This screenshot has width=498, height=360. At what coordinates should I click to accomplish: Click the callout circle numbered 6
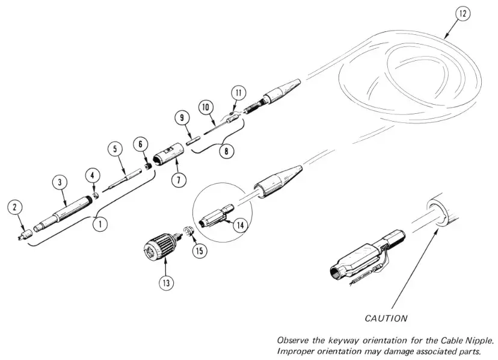pyautogui.click(x=141, y=144)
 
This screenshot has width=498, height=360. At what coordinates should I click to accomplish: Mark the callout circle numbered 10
pyautogui.click(x=206, y=107)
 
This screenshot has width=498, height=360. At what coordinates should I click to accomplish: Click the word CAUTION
pyautogui.click(x=386, y=318)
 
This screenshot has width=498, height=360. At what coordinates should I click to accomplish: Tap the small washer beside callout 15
pyautogui.click(x=188, y=230)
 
